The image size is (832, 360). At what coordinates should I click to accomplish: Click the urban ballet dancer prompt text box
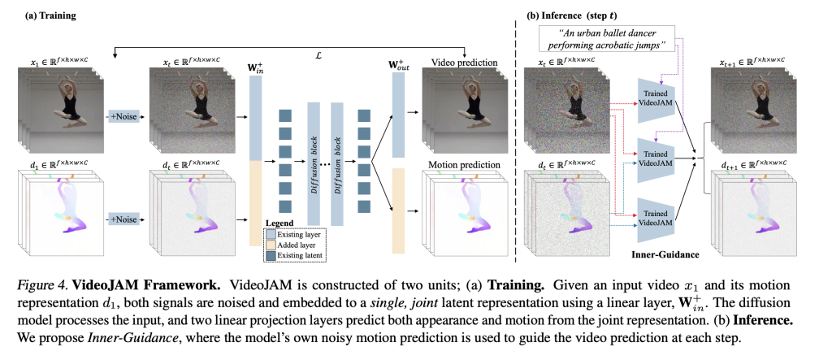610,37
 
